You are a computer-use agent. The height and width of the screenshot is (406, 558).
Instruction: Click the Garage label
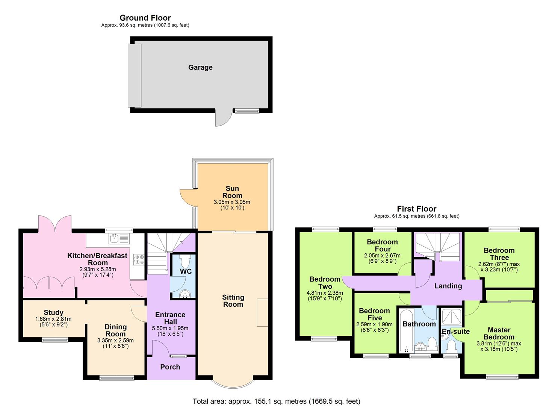(x=200, y=68)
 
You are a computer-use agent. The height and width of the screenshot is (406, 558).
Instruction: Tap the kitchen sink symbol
(x=119, y=238)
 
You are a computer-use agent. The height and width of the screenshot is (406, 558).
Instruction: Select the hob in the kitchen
(x=139, y=259)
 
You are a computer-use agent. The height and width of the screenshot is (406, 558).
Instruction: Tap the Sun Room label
(x=232, y=192)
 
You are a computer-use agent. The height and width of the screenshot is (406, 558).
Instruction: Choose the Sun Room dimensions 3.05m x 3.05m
(x=232, y=202)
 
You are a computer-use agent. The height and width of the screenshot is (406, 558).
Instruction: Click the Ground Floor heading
(x=145, y=18)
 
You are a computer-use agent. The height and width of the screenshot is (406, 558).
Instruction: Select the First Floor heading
(x=417, y=209)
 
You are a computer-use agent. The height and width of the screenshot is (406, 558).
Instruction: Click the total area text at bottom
(x=276, y=401)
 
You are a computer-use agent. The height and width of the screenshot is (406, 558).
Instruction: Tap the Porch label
(x=170, y=367)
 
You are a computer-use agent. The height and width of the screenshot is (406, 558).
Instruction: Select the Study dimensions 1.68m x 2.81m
(x=53, y=319)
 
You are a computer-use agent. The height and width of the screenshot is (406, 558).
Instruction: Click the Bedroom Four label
(x=382, y=245)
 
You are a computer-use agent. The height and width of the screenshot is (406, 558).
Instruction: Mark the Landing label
(x=448, y=286)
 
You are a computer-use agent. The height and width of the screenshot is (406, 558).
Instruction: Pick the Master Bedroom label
(x=499, y=333)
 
